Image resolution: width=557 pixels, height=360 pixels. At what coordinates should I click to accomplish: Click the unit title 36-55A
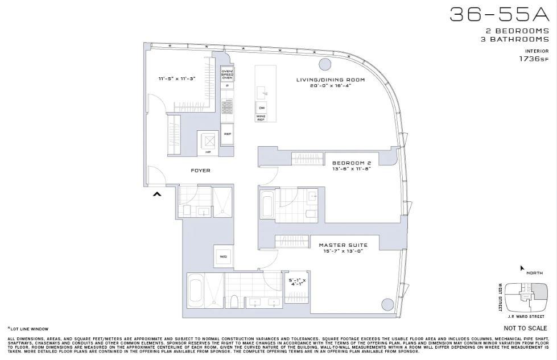click(499, 15)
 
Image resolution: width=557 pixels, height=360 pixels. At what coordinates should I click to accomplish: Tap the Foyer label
click(200, 170)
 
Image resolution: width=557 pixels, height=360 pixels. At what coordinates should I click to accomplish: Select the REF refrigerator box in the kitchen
click(227, 134)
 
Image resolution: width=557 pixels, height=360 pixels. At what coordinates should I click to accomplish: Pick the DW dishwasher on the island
click(262, 107)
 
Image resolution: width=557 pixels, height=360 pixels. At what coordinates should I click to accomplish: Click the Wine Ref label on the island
click(262, 118)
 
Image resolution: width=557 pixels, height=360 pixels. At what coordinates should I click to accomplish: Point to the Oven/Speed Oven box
click(227, 74)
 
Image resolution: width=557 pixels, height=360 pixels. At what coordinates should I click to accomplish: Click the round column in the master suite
click(387, 305)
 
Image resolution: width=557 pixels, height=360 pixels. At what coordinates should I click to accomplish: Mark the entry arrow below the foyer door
click(157, 195)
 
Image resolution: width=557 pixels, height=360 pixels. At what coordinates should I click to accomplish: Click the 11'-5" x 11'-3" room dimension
click(177, 78)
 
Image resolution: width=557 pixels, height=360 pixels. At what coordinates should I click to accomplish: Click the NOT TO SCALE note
click(525, 328)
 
